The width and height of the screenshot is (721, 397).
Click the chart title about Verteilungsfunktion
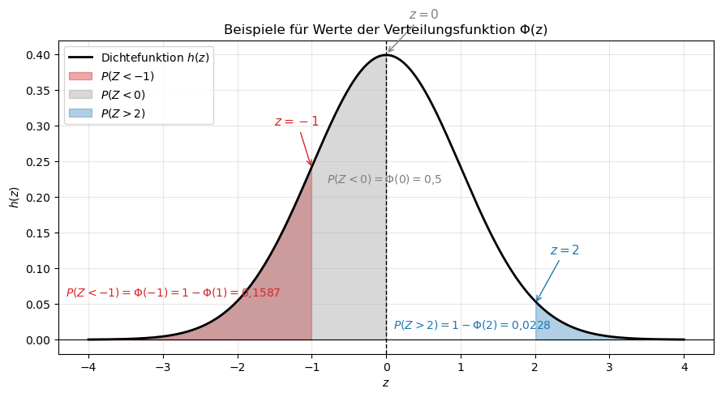[x=385, y=30]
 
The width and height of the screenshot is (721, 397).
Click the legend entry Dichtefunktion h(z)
[x=155, y=58]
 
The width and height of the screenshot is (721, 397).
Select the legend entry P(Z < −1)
[x=127, y=76]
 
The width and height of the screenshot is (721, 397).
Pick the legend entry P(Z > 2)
[x=122, y=113]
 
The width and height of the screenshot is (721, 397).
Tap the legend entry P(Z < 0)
[x=122, y=95]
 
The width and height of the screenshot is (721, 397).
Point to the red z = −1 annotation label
[x=296, y=122]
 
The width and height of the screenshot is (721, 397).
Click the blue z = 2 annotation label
[x=564, y=250]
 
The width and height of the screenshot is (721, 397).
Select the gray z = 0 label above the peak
[x=423, y=15]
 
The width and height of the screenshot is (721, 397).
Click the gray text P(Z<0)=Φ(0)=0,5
[x=384, y=179]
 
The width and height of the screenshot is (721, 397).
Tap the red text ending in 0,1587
[x=173, y=292]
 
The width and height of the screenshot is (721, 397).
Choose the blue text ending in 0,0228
[x=472, y=325]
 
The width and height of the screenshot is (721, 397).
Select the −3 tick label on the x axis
[x=162, y=366]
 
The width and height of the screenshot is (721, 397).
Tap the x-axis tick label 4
[x=685, y=366]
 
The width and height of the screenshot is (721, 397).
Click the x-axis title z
[x=385, y=382]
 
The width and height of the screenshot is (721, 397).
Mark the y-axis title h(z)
[x=14, y=197]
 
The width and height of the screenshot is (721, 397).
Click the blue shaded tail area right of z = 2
[x=547, y=329]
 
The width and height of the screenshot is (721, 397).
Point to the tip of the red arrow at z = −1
[x=311, y=166]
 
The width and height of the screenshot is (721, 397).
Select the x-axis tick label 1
[x=461, y=366]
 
